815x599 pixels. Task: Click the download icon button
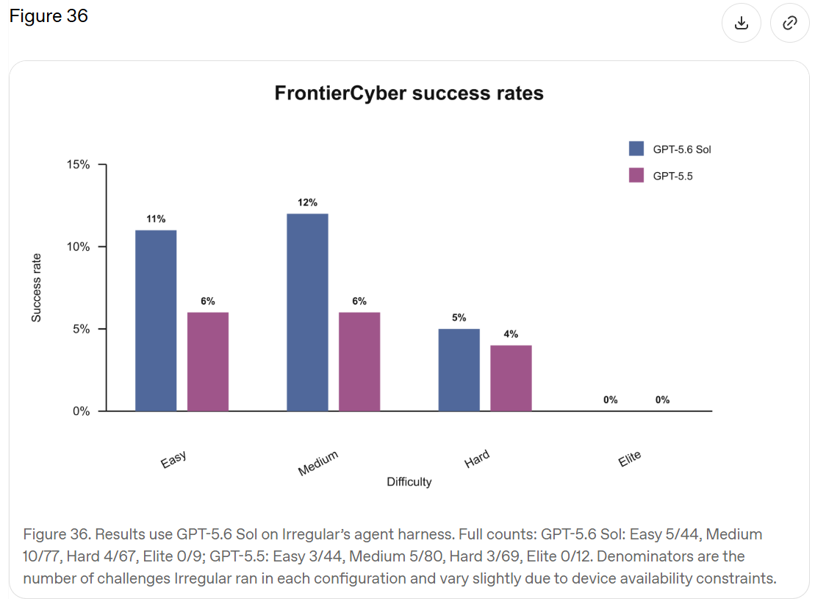(742, 23)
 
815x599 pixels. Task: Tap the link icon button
(789, 23)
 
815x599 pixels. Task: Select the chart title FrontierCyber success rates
(409, 93)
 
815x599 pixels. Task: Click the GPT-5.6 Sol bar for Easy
(156, 321)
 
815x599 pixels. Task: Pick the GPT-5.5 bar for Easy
(208, 362)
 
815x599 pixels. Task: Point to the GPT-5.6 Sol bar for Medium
(308, 312)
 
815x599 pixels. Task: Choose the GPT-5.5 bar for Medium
(359, 362)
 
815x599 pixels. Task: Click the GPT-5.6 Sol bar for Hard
(459, 370)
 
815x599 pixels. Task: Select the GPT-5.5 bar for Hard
(511, 378)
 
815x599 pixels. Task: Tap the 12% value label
(307, 202)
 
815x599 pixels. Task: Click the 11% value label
(156, 219)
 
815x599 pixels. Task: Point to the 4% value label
(511, 334)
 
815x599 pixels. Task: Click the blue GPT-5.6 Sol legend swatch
(636, 149)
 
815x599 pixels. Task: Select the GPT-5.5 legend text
(672, 177)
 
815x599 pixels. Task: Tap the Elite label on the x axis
(630, 458)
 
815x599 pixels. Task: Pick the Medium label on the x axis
(317, 463)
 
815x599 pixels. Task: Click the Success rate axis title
(36, 288)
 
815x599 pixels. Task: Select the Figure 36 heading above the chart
(49, 16)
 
